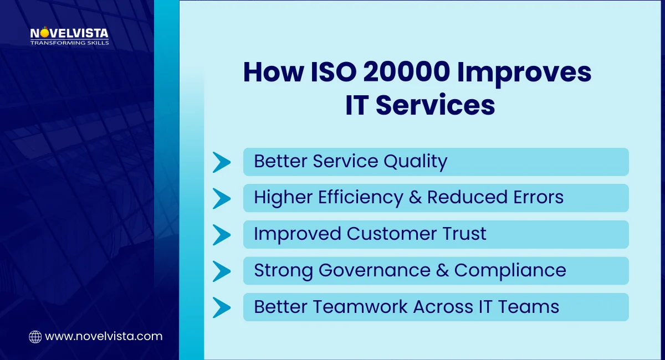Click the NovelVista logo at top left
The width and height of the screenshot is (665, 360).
(x=69, y=34)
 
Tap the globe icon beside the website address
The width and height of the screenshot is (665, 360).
(x=35, y=336)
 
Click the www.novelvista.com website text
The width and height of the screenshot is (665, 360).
(x=104, y=336)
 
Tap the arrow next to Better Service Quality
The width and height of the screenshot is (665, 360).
(x=222, y=162)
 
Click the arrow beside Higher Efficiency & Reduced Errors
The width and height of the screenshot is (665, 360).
(x=222, y=198)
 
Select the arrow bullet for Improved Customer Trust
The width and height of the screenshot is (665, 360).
(x=222, y=234)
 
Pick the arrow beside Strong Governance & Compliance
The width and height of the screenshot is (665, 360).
(x=222, y=271)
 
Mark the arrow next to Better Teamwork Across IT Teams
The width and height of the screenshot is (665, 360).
(x=222, y=307)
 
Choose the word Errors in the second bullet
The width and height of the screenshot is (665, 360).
(x=535, y=198)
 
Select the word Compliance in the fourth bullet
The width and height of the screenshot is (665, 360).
(x=510, y=271)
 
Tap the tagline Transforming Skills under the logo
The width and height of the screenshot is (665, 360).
(x=69, y=43)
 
